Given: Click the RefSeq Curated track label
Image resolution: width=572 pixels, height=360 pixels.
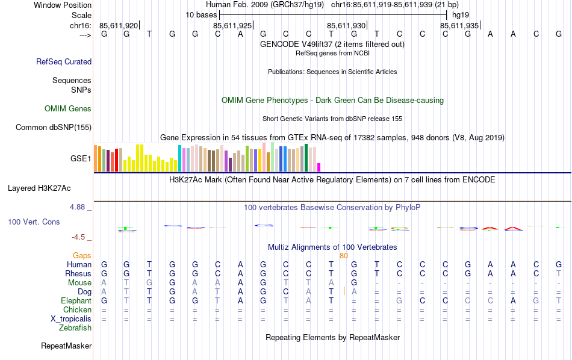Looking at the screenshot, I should point(64,61).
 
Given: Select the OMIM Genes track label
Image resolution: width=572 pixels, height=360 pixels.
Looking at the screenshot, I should point(68,109).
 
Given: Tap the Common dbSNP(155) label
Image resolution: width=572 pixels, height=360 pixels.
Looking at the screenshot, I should point(54,127).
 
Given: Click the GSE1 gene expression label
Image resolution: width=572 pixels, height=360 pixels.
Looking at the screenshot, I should point(81,159).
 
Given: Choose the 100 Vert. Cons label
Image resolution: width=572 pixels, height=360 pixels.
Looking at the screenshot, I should point(34,222).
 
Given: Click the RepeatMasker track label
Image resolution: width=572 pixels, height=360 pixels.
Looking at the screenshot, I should point(66,346).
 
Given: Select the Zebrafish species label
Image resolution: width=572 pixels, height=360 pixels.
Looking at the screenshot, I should point(75,328).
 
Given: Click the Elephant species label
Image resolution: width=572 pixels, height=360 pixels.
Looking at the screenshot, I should point(76,300).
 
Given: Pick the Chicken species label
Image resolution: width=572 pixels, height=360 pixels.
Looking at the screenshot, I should point(77,309).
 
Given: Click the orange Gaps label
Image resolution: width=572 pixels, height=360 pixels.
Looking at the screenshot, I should point(82,256).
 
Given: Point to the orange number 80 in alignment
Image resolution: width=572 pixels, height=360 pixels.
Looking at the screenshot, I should point(344,256).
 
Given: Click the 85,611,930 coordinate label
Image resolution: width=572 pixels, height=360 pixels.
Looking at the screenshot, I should point(346,26).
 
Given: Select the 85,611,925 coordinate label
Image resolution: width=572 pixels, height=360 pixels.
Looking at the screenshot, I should point(232,26).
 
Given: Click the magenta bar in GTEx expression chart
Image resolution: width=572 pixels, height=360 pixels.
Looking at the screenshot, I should point(319,167).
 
